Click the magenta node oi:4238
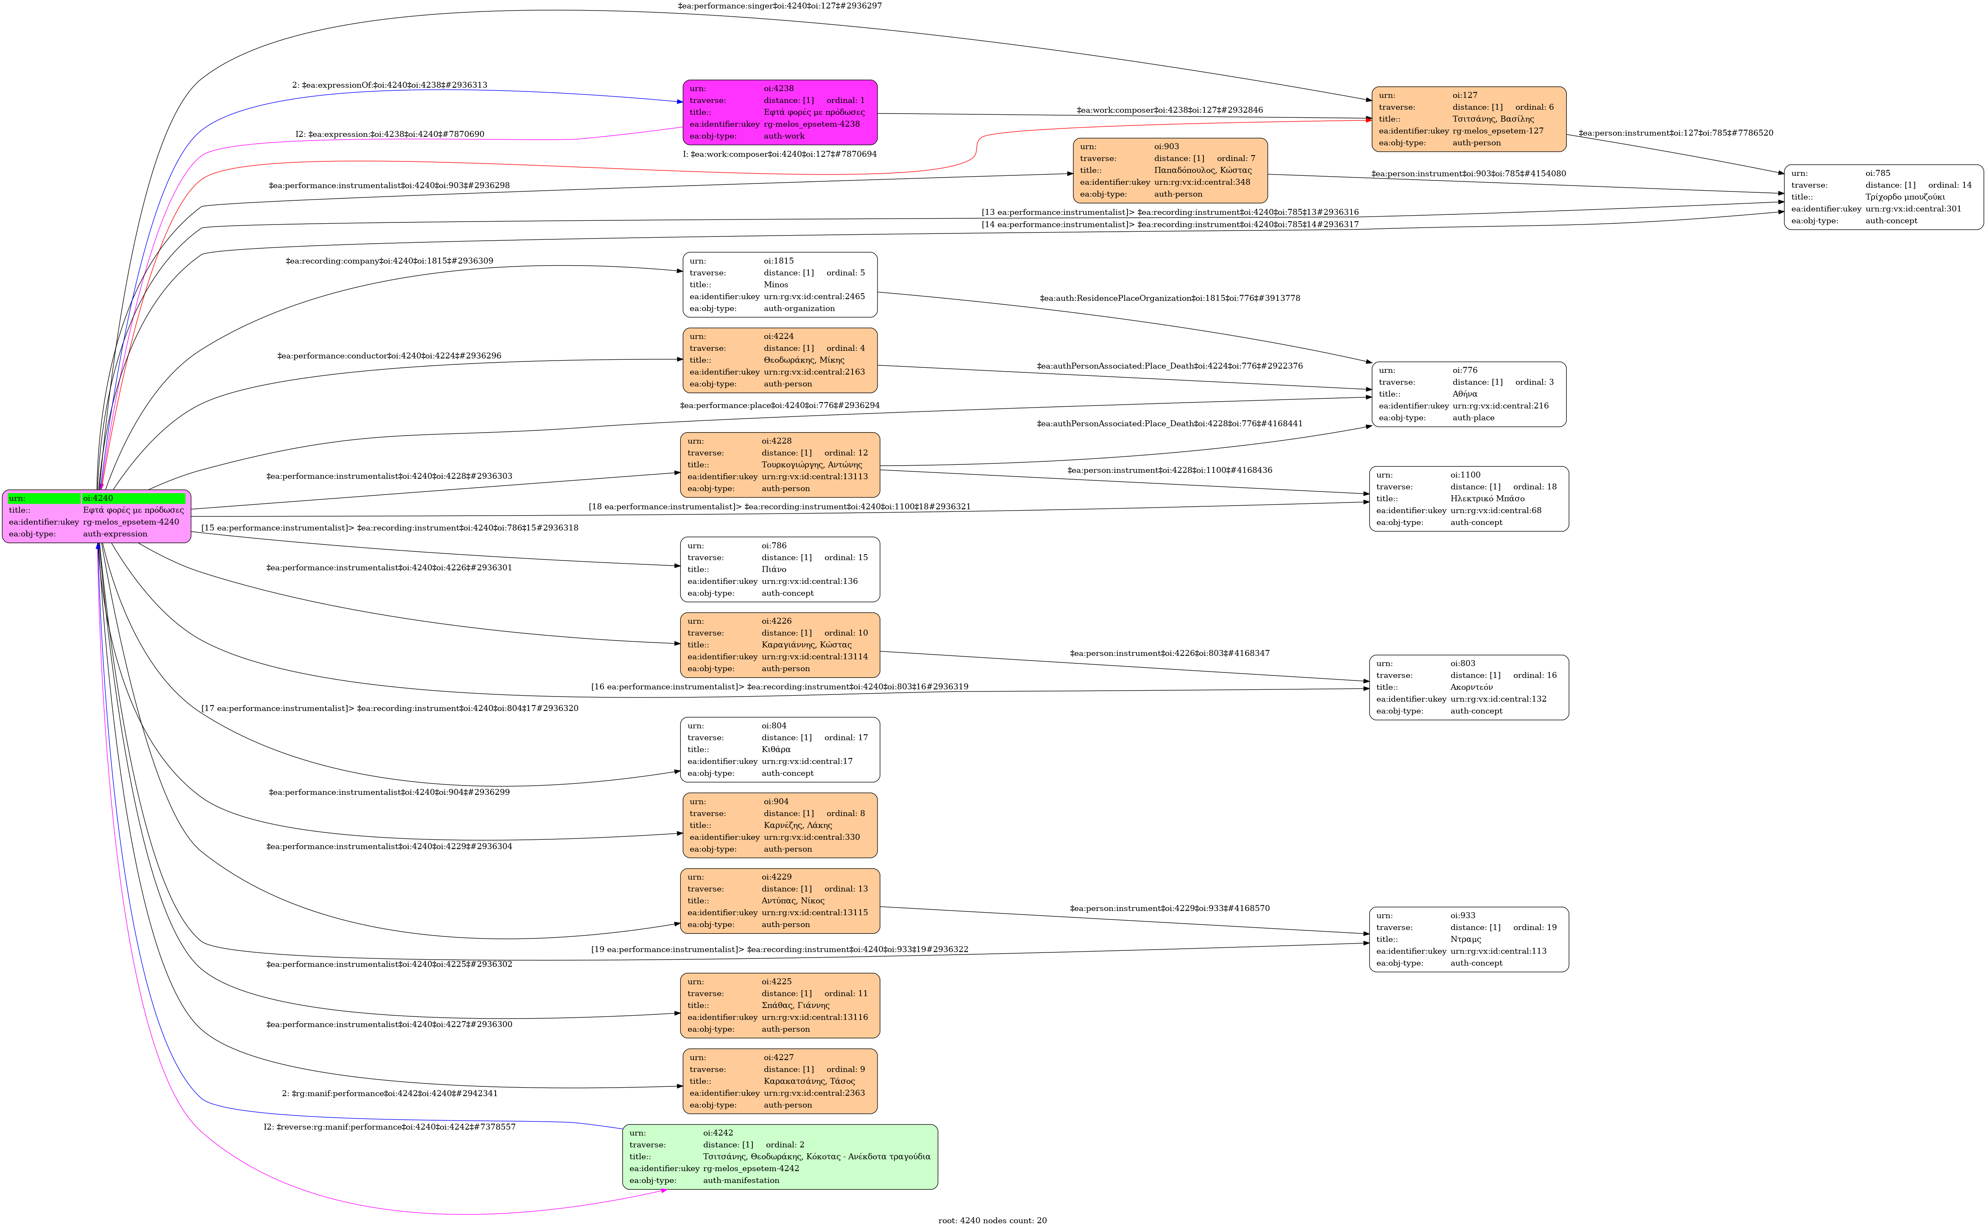779,112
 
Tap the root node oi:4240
96,516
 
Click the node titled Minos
779,285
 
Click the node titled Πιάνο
779,569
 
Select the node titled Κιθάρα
779,749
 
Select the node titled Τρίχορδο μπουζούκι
1883,197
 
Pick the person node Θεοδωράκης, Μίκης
779,360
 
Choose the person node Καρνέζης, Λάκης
779,825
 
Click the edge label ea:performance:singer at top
779,6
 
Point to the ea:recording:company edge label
389,261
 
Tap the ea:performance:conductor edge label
389,355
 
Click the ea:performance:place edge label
779,405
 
